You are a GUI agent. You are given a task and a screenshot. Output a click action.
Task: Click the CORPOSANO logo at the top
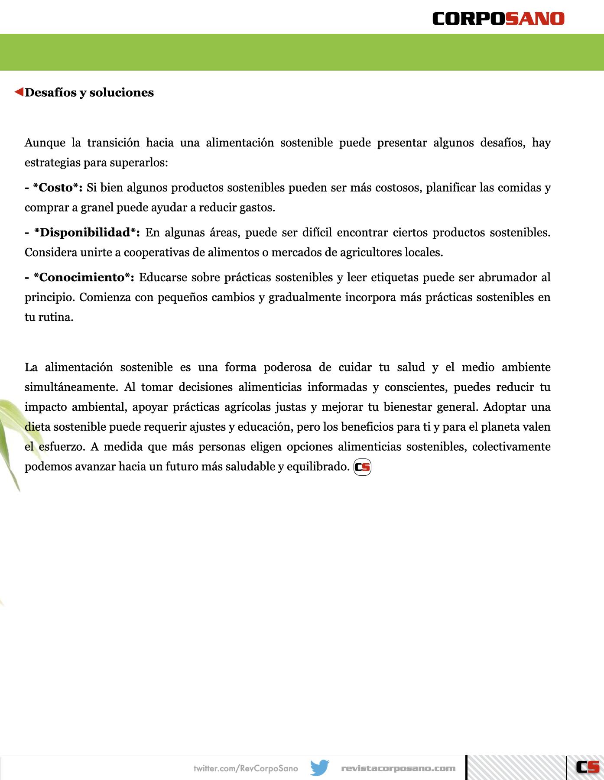pos(498,19)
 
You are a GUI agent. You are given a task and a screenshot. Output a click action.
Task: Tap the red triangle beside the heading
pos(19,92)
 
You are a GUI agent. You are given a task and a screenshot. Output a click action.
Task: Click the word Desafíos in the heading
pos(50,92)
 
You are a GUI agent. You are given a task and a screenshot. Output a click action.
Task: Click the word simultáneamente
pos(71,387)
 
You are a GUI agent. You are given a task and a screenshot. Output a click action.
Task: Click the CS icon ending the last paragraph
pos(362,467)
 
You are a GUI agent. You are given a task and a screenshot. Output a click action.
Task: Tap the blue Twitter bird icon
pos(320,768)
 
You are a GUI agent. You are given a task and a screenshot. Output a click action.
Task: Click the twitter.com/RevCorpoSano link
pos(246,768)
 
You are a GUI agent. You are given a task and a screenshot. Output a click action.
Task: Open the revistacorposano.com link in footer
pos(398,768)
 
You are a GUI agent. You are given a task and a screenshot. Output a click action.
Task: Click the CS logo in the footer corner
pos(587,767)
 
